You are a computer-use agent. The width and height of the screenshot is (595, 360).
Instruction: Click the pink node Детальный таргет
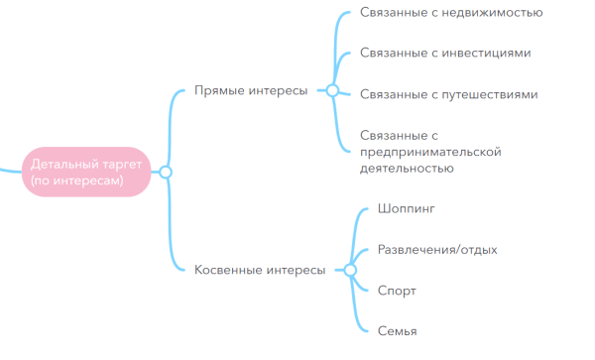coord(86,172)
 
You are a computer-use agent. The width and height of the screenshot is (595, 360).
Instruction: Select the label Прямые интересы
coord(250,91)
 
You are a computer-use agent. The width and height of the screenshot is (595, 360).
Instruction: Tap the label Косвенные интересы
coord(260,270)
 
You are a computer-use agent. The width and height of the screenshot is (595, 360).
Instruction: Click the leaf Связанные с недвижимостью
coord(451,13)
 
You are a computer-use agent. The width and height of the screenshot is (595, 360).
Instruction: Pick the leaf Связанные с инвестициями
coord(445,54)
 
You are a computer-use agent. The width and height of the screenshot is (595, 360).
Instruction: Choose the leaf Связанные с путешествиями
coord(449,94)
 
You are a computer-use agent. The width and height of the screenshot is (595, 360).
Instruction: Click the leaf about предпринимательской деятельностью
coord(430,151)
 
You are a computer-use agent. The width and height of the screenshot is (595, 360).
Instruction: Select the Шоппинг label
coord(407,209)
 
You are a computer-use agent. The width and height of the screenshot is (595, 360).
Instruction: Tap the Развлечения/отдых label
coord(437,250)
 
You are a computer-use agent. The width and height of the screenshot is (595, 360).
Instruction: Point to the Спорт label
coord(397,291)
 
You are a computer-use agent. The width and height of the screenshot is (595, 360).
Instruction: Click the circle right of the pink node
coord(166,173)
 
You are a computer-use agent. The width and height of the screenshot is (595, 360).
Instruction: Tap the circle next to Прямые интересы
coord(332,91)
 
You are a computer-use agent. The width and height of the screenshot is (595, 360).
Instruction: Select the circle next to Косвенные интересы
coord(349,270)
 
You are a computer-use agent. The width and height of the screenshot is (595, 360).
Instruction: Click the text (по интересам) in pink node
coord(76,181)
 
